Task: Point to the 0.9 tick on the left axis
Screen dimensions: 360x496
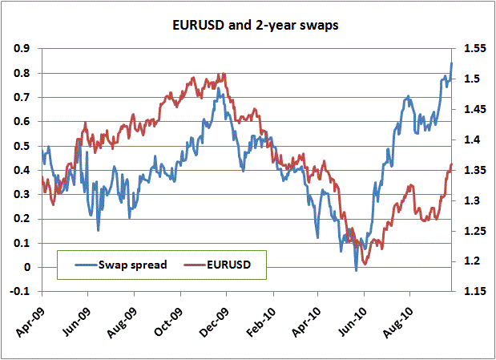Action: pos(22,49)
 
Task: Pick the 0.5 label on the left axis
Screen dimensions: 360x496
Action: pos(22,146)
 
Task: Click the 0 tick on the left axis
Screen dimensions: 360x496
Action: pos(27,268)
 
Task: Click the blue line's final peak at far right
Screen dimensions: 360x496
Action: pos(452,63)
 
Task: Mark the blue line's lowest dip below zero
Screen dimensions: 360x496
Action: pos(356,270)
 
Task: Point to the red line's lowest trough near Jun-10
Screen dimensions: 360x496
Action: pos(365,263)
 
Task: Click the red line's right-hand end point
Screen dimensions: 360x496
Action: pos(452,164)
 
